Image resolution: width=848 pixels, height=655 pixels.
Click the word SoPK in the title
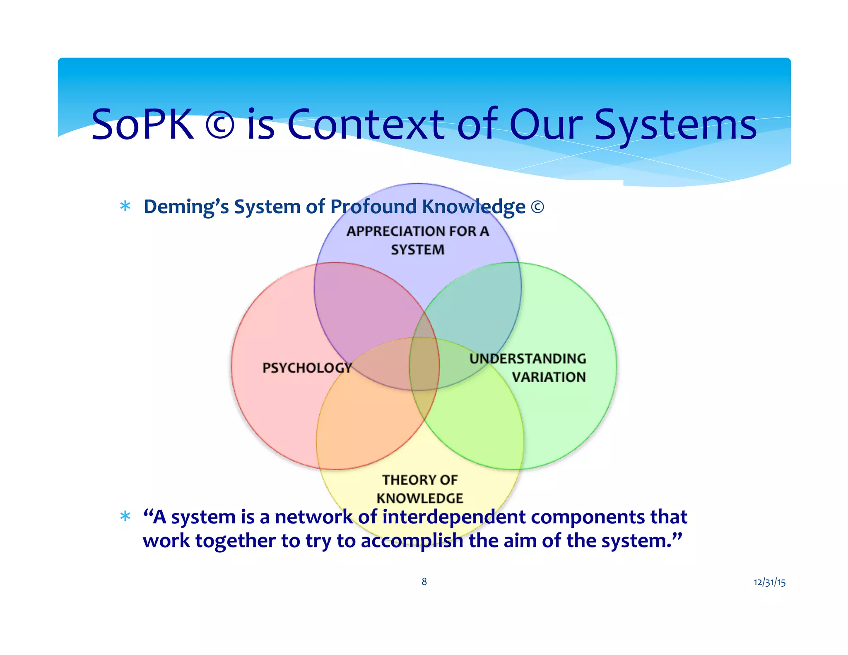coord(142,124)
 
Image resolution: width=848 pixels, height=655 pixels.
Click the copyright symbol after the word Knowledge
coord(537,207)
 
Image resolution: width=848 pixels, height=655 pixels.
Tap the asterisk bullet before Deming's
coord(125,206)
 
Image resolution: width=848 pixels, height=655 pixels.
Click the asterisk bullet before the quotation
coord(125,516)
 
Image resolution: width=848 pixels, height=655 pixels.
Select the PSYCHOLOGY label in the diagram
coord(307,368)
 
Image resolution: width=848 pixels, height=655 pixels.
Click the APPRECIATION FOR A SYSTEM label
coord(418,240)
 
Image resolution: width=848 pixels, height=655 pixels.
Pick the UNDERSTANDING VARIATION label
coord(528,368)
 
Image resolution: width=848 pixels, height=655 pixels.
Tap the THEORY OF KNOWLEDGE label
coord(419,489)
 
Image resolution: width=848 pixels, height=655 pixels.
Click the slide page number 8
coord(424,582)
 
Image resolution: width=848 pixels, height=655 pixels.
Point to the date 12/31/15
coord(769,583)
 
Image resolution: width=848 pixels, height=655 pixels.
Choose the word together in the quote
coord(235,541)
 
